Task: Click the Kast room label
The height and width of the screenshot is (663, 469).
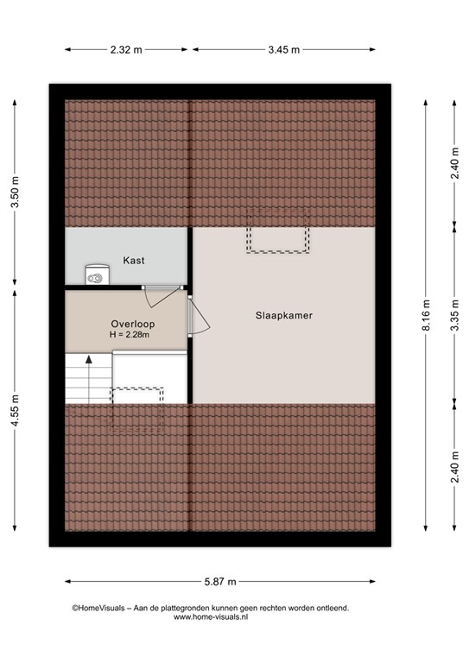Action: click(x=134, y=261)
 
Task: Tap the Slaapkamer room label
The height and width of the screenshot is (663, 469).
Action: click(x=284, y=315)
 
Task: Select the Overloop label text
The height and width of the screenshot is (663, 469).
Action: click(x=133, y=325)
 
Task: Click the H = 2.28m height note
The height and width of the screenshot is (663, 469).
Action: click(x=130, y=335)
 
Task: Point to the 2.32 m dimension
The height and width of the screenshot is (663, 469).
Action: click(x=126, y=50)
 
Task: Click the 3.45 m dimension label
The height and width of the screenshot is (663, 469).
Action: click(x=284, y=50)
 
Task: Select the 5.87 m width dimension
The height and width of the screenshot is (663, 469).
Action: click(x=220, y=582)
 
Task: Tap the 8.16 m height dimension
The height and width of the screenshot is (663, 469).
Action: click(x=426, y=315)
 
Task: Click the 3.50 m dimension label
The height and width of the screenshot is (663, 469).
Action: click(x=15, y=192)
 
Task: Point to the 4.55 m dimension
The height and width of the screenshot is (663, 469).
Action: click(x=15, y=411)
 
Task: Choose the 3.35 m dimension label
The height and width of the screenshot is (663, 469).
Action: click(x=454, y=315)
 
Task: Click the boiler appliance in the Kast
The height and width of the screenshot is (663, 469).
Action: click(x=98, y=275)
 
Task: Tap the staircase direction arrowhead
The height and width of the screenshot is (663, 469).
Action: click(x=89, y=359)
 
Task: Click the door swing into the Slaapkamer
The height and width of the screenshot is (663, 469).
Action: click(x=200, y=316)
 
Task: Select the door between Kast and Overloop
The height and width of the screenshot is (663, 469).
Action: click(x=162, y=296)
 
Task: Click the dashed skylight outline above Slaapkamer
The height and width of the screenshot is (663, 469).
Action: click(x=278, y=230)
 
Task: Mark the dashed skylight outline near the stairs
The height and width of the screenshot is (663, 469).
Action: click(x=137, y=409)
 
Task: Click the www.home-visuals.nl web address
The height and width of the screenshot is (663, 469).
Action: click(x=211, y=617)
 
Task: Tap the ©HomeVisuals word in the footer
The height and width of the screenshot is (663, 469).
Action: click(x=98, y=608)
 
